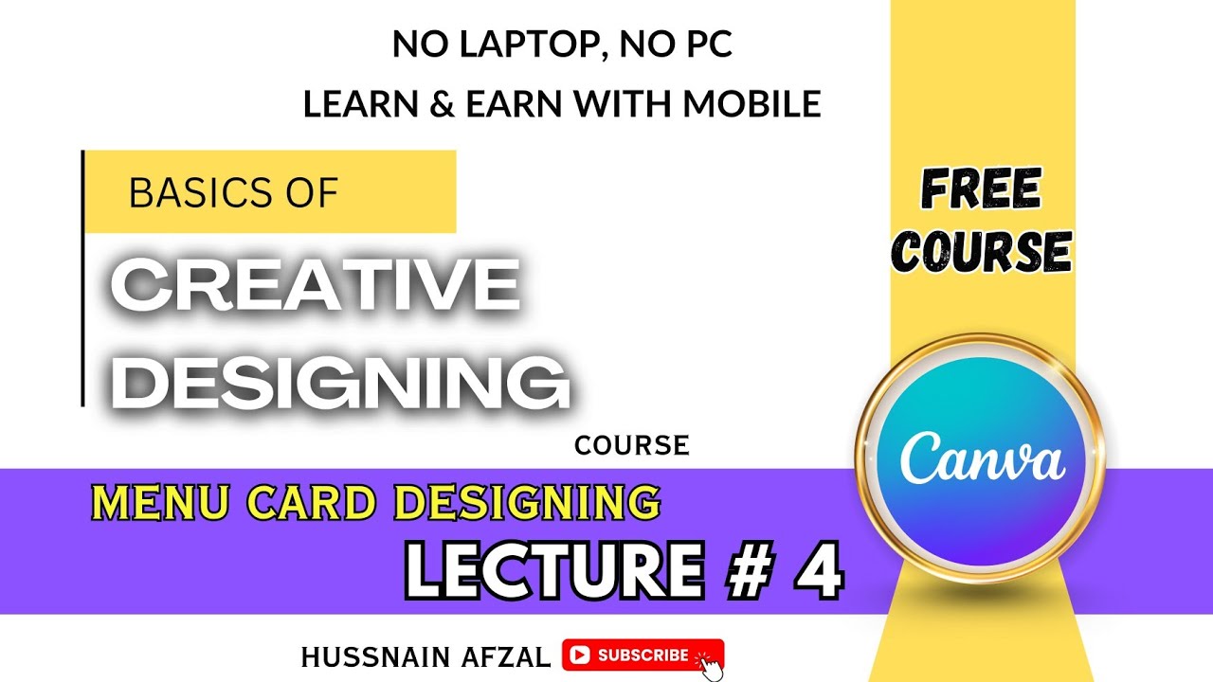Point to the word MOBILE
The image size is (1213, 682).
click(x=751, y=103)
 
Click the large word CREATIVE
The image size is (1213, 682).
click(x=316, y=285)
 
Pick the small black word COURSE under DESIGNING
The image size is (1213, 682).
click(x=631, y=445)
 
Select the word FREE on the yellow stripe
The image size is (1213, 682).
click(x=981, y=190)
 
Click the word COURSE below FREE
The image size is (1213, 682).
click(x=983, y=252)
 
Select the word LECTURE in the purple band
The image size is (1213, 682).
click(x=554, y=570)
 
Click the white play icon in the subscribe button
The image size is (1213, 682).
click(x=579, y=655)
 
